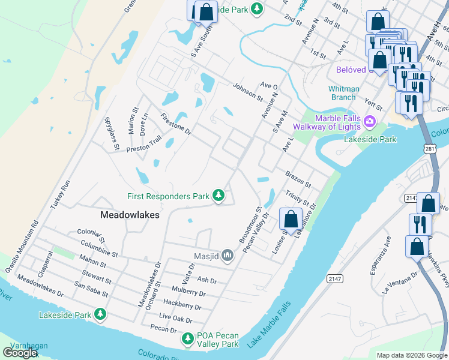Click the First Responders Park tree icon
click(219, 196)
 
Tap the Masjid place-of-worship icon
click(228, 256)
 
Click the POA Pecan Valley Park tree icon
click(188, 339)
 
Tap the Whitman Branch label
click(344, 93)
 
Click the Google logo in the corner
click(20, 353)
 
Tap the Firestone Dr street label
click(175, 124)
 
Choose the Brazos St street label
click(298, 177)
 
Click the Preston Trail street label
click(144, 143)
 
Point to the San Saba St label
click(91, 290)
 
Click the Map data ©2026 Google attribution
click(411, 355)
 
